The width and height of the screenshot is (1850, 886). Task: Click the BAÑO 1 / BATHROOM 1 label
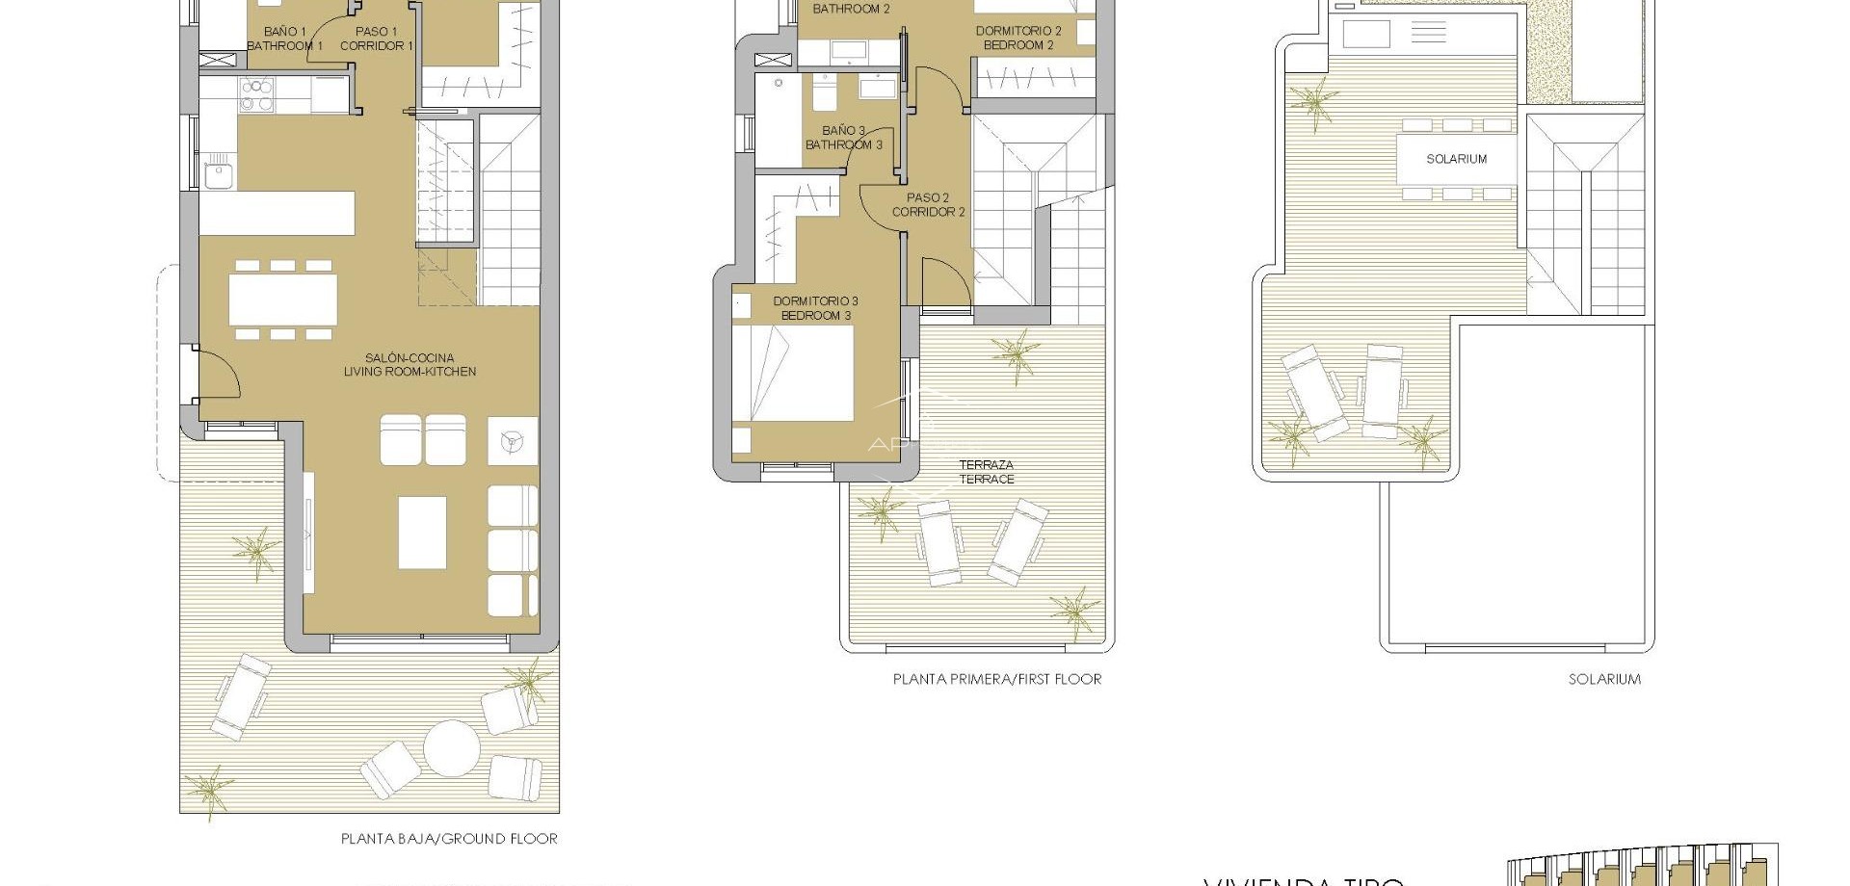coord(284,39)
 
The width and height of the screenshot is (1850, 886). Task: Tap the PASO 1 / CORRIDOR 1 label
coord(377,39)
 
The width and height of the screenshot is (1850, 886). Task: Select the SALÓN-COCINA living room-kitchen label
coord(410,365)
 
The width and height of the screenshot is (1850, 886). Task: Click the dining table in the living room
coord(283,300)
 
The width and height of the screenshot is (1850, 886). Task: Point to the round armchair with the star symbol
coord(513,441)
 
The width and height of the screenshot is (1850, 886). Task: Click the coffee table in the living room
coord(422,532)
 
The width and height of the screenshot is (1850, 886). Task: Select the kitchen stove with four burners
coord(256,93)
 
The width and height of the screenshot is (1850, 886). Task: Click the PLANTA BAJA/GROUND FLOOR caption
coord(449,839)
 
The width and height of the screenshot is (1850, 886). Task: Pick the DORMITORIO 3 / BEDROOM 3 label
coord(815,308)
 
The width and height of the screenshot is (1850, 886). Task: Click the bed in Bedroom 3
coord(793,374)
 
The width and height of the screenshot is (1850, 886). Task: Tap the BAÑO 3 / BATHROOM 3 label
coord(844,138)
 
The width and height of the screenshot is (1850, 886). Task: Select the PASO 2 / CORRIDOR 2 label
coord(928,205)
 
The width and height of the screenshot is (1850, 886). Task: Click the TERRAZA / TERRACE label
coord(987,472)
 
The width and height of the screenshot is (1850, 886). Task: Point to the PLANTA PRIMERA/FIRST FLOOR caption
coord(997,679)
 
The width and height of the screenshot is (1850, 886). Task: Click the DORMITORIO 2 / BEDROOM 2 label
coord(1018,38)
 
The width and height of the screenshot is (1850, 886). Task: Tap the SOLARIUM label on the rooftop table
coord(1456,159)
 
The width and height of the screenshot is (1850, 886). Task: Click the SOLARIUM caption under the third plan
coord(1604,679)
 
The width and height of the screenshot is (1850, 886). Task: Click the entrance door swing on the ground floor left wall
coord(219,374)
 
